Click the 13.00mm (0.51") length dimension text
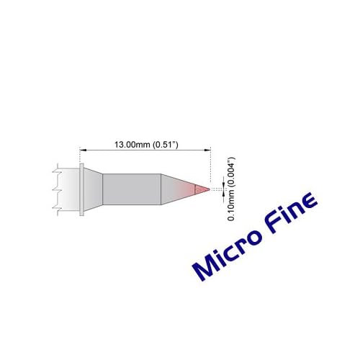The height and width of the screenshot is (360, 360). (146, 143)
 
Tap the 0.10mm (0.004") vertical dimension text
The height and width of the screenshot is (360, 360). (230, 190)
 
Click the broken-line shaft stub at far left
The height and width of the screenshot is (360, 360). (63, 190)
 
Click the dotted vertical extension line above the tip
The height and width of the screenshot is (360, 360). (210, 169)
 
